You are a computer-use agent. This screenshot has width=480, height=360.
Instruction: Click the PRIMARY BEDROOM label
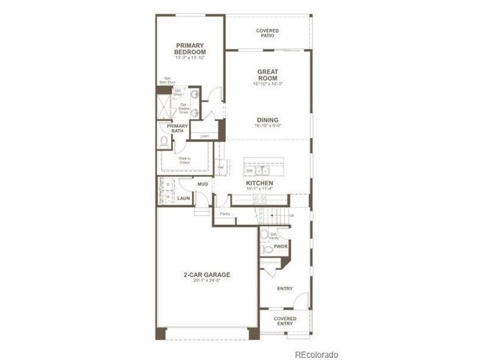click(190, 47)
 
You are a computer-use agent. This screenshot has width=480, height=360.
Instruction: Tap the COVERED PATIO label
click(267, 33)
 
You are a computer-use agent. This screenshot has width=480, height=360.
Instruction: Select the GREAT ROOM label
click(267, 76)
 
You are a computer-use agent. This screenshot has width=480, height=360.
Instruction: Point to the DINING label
click(267, 120)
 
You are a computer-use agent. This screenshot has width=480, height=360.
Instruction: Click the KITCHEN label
click(259, 183)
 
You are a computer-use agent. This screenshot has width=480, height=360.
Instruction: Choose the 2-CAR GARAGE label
click(207, 275)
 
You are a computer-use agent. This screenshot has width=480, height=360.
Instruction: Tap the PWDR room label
click(280, 246)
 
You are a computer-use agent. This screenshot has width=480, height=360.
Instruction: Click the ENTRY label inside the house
click(285, 289)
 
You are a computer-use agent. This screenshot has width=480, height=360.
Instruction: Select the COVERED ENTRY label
click(285, 320)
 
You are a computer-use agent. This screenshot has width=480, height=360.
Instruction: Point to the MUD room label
click(202, 184)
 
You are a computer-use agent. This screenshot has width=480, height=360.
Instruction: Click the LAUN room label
click(184, 198)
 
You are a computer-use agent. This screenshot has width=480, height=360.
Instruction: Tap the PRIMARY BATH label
click(177, 128)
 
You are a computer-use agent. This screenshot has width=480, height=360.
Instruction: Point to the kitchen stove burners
click(259, 199)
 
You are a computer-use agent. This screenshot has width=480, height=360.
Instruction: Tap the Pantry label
click(224, 214)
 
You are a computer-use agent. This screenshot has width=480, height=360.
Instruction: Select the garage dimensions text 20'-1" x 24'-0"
click(207, 283)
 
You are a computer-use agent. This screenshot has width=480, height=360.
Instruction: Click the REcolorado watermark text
click(316, 353)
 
